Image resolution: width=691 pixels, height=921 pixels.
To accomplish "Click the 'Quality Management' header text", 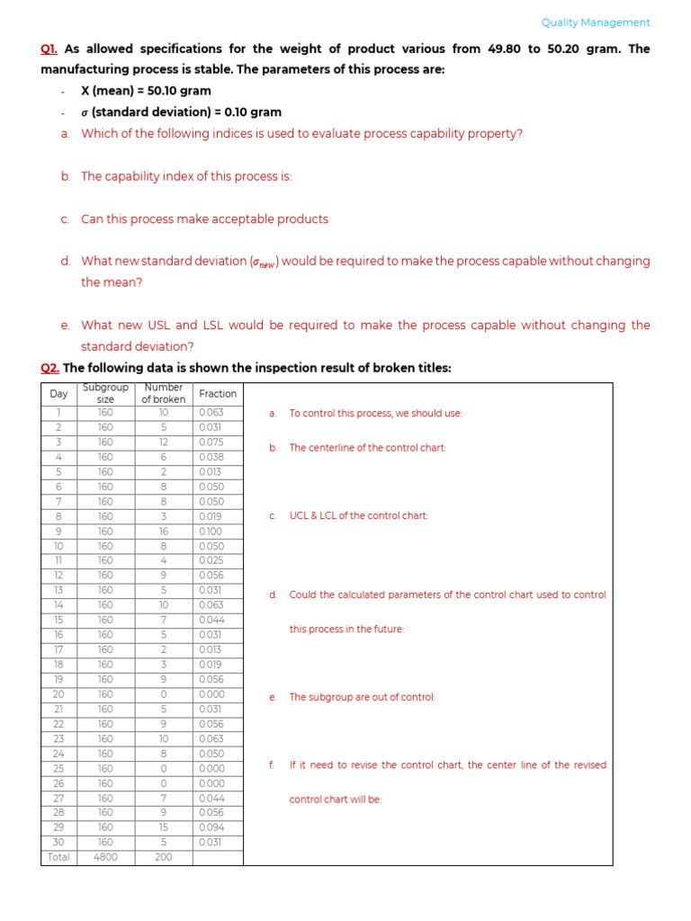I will tap(596, 22).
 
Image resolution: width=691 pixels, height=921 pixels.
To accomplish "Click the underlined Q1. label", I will tap(49, 49).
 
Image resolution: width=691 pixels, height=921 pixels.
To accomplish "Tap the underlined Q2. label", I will tap(49, 368).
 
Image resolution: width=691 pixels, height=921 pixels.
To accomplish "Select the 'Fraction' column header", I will tap(218, 394).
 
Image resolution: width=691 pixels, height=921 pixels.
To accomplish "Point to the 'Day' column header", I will tap(58, 394).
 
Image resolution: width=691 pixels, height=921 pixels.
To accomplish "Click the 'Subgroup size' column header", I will tap(105, 394).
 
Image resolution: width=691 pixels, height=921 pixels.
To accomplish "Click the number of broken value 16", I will tap(163, 532).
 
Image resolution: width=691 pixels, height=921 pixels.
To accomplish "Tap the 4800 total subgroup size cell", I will tap(105, 857).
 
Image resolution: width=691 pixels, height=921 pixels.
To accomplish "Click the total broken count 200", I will tap(163, 857).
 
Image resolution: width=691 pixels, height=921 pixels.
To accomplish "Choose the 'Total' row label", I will tap(58, 857).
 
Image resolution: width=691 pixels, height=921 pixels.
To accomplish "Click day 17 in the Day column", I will tap(58, 649).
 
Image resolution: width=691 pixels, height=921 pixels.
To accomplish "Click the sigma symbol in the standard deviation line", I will tap(85, 112).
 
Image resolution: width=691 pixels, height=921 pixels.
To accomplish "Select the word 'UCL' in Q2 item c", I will tap(301, 515).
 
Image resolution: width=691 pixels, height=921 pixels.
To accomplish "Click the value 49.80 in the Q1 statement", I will tap(505, 49).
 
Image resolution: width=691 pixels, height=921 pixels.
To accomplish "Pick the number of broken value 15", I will tap(163, 827).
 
